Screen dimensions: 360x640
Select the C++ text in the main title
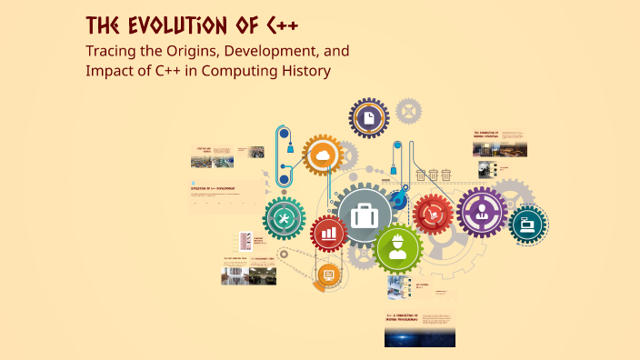click(275, 25)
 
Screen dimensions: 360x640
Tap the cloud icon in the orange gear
click(322, 156)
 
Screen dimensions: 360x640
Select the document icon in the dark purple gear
click(369, 117)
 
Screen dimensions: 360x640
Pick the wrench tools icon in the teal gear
click(284, 219)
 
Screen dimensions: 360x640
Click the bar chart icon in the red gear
click(328, 234)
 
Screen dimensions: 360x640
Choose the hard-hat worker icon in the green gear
click(397, 247)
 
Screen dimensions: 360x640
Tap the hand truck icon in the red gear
click(433, 215)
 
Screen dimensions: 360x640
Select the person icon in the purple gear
click(481, 212)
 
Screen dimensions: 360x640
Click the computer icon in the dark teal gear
click(528, 224)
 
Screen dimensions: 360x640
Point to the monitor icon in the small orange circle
click(329, 275)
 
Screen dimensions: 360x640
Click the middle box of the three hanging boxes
click(434, 175)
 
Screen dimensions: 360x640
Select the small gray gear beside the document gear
click(410, 111)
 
